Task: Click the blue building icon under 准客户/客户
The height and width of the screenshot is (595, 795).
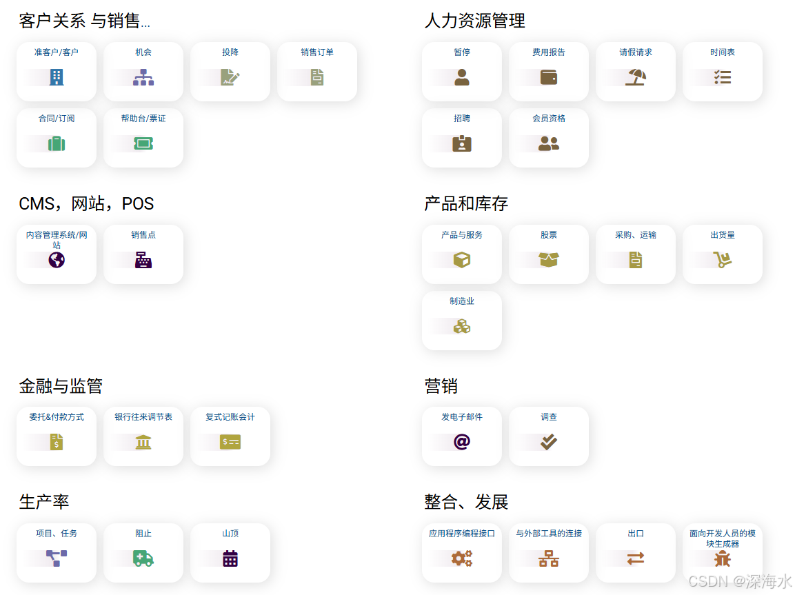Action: coord(57,77)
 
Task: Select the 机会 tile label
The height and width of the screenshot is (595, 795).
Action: coord(143,52)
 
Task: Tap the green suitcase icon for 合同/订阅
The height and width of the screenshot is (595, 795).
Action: coord(57,143)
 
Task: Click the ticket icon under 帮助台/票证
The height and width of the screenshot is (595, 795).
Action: coord(143,143)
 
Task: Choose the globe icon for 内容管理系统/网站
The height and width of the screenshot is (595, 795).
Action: coord(57,260)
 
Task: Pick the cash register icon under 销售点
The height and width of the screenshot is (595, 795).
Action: coord(143,260)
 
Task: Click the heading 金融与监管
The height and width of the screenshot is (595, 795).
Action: coord(61,386)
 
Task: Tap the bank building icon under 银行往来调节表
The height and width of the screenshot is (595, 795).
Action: coord(143,442)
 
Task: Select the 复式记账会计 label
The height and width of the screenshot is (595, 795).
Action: coord(230,417)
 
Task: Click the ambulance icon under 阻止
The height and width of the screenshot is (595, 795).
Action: coord(143,558)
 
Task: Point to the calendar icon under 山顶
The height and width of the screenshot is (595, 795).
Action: coord(230,558)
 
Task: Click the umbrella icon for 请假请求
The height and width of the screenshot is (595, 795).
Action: coord(636,77)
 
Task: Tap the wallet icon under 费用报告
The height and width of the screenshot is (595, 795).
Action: coord(549,77)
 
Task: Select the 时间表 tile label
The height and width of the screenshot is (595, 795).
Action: coord(723,52)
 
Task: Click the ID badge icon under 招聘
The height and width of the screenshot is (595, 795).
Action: coord(462,143)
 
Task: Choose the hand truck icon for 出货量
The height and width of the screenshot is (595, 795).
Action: coord(723,260)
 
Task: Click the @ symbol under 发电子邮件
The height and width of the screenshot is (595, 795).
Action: coord(462,442)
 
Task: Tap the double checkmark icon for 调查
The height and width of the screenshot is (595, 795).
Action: coord(549,442)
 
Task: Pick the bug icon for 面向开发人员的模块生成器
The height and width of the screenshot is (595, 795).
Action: coord(723,559)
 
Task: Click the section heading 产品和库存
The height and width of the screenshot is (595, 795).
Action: coord(466,204)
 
